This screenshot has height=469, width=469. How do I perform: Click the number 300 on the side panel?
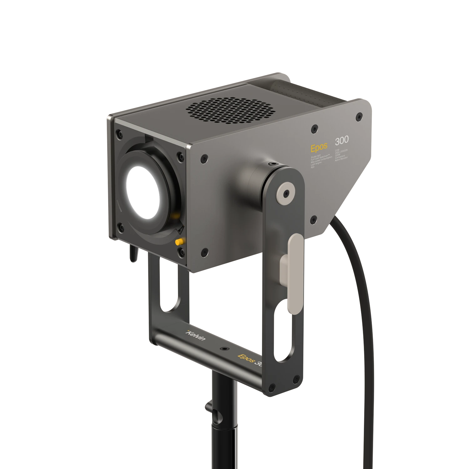(x=342, y=140)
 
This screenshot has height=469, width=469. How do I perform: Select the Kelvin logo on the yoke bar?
(x=196, y=335)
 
